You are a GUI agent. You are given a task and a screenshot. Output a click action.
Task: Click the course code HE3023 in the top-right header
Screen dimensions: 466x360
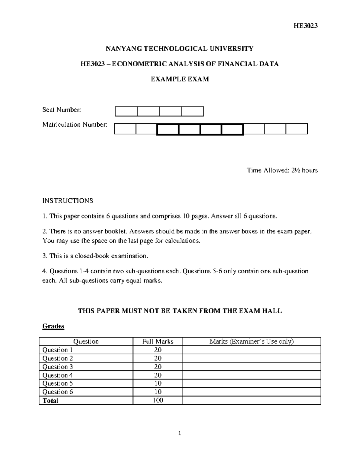point(305,26)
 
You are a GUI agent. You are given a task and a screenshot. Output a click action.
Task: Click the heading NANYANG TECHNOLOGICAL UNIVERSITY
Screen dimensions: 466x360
point(180,48)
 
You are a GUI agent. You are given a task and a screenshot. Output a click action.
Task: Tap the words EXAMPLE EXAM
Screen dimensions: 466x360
point(180,79)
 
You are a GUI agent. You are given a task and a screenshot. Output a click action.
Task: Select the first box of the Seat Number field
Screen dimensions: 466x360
point(126,111)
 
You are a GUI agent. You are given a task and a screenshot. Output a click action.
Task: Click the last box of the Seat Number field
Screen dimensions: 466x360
point(192,111)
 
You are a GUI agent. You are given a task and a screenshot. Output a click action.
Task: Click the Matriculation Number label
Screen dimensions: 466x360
point(75,124)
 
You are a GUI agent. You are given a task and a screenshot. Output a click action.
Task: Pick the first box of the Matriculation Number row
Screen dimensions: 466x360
point(125,129)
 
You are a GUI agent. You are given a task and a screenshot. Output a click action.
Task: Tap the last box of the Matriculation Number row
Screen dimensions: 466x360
point(297,129)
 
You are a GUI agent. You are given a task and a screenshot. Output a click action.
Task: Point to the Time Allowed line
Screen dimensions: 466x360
point(282,170)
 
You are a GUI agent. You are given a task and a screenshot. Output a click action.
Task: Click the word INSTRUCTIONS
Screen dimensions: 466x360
point(68,201)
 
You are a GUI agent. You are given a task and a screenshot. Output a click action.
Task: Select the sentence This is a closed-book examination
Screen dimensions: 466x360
point(95,256)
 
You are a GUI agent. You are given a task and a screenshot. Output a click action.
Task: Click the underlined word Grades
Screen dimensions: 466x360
point(53,326)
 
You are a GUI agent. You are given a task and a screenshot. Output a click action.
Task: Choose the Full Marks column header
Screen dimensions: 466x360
point(158,341)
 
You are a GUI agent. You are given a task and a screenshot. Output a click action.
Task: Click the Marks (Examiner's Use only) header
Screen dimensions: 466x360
point(251,341)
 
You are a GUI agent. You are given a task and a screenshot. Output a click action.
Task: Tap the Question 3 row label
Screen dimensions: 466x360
point(58,367)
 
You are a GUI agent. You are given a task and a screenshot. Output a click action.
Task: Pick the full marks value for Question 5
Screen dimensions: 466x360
point(158,383)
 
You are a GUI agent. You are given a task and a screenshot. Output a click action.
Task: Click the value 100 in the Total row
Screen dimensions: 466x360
point(158,400)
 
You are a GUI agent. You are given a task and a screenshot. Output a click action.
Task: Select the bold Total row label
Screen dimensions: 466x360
point(50,401)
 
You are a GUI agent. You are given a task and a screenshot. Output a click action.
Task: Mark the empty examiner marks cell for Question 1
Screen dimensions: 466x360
point(251,350)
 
